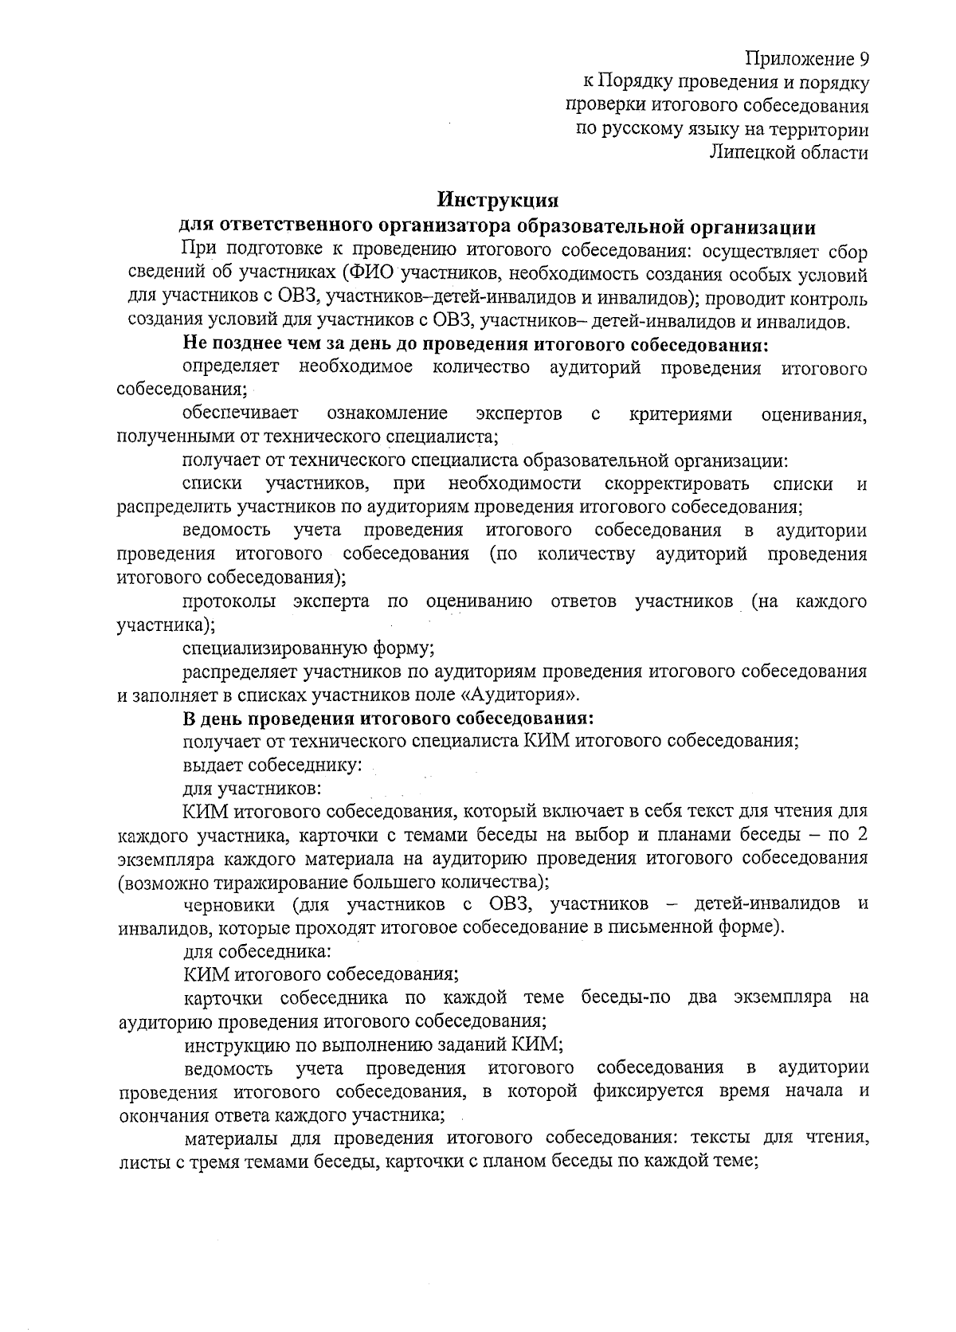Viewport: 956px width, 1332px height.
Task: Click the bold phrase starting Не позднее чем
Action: point(476,345)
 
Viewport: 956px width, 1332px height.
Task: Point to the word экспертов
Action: point(519,413)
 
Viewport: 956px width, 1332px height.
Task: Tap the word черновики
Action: point(229,905)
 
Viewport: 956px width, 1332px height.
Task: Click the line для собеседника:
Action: point(257,951)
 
